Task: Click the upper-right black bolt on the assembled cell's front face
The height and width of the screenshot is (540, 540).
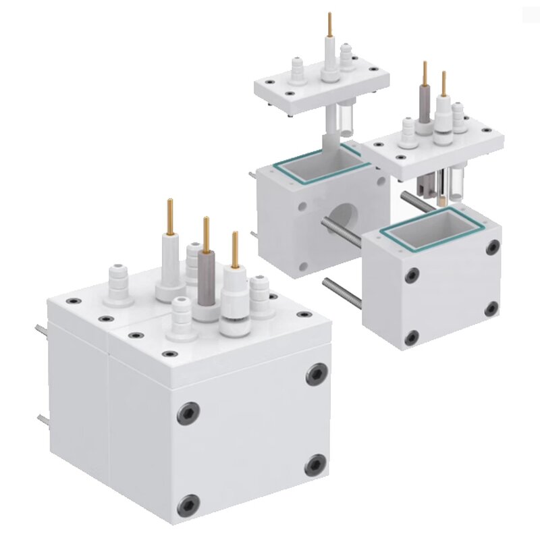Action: tap(317, 374)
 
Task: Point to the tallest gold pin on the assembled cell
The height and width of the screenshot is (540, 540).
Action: tap(169, 216)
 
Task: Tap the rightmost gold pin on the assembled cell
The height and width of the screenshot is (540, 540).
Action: tap(235, 250)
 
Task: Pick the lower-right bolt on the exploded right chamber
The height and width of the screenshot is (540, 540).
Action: tap(493, 309)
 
